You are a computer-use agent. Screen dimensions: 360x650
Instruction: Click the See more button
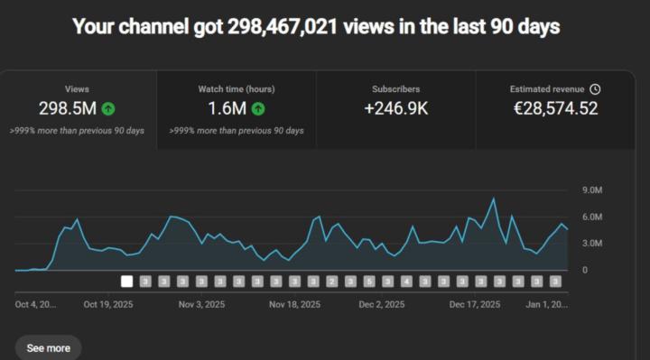[48, 347]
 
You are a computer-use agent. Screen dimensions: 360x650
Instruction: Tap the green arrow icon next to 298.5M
[107, 109]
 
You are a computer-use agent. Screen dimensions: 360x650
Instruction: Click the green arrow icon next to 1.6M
[258, 109]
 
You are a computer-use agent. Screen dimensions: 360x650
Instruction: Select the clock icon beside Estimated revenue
[595, 89]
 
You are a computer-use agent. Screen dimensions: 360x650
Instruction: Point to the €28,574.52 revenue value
[554, 109]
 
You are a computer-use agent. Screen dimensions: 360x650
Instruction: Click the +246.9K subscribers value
[395, 109]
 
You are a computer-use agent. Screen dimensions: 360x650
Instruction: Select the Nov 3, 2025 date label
[202, 305]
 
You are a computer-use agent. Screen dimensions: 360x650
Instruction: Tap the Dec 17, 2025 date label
[475, 305]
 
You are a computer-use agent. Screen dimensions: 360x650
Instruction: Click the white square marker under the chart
[127, 282]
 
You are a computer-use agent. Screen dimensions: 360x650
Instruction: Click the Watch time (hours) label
[237, 89]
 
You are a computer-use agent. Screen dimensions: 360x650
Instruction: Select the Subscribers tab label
[395, 89]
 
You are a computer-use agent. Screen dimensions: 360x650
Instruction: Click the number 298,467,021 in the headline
[283, 27]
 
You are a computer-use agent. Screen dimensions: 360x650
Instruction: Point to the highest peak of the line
[494, 198]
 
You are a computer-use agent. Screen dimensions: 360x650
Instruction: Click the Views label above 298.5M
[77, 89]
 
